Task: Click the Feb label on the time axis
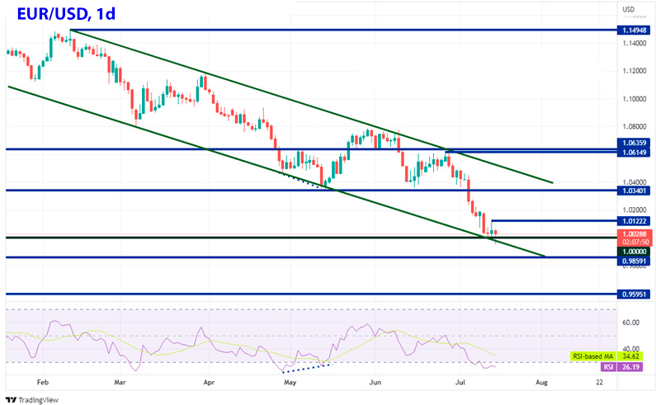[44, 383]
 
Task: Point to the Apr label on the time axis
[208, 383]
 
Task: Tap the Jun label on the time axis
[375, 383]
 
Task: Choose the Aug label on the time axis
[541, 383]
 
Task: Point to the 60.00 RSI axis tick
[631, 323]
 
